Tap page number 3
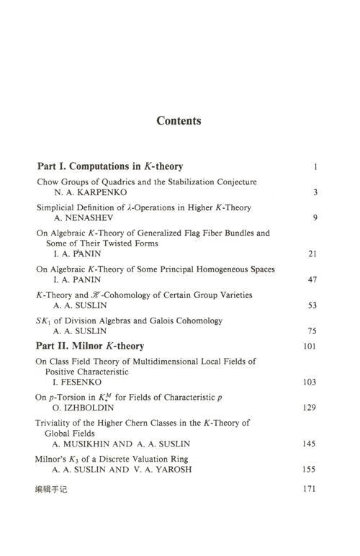tap(315, 192)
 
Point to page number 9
tap(315, 218)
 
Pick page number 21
tap(312, 254)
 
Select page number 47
tap(312, 279)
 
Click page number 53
tap(312, 305)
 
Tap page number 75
tap(312, 331)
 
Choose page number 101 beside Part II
tap(310, 346)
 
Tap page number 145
tap(310, 444)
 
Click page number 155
tap(310, 470)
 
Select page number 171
tap(310, 488)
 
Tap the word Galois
tap(160, 320)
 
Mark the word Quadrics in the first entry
tap(109, 181)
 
